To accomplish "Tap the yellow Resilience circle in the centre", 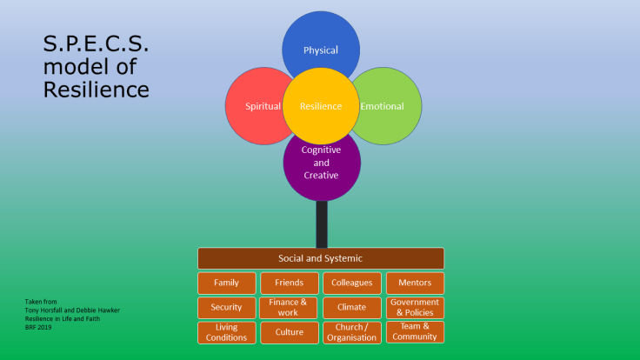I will point(321,107).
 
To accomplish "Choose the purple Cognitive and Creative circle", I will point(321,170).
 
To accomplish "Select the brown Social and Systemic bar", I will point(321,258).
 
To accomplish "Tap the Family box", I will point(226,283).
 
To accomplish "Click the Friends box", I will point(289,283).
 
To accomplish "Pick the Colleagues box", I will point(351,283).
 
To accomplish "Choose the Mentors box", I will point(415,283).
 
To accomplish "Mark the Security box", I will point(226,307).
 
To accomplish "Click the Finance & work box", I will point(289,307).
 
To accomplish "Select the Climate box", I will point(351,307).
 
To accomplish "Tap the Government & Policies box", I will point(415,307).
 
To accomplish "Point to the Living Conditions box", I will point(226,332).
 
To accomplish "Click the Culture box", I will point(289,332).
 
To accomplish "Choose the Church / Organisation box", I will point(351,332).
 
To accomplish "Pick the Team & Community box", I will point(415,332).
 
